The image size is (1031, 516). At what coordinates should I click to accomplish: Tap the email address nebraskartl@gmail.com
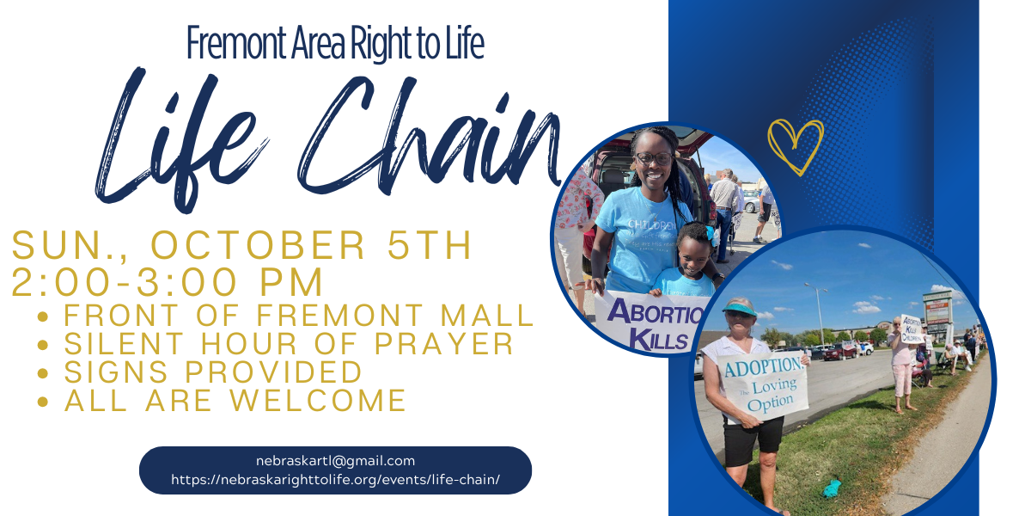point(335,461)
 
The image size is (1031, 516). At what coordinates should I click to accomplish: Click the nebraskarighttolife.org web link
point(335,480)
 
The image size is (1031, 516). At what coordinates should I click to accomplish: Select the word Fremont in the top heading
point(236,42)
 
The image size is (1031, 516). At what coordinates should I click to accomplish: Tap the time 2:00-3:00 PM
point(167,281)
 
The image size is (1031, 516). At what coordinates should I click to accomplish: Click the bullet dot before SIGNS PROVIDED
point(43,372)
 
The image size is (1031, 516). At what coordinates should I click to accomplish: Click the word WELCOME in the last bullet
point(318,400)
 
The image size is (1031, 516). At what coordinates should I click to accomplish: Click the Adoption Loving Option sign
point(763,386)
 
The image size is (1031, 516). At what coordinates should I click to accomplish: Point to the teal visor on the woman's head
point(739,309)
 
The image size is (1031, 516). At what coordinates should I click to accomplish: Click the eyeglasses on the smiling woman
point(654,159)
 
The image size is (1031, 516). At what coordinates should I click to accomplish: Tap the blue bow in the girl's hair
point(711,236)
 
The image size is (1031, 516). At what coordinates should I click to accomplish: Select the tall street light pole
point(820,313)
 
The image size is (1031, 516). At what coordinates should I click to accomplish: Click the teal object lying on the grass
point(833,488)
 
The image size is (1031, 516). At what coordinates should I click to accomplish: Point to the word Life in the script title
point(180,138)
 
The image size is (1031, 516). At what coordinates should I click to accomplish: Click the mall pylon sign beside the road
point(937,312)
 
